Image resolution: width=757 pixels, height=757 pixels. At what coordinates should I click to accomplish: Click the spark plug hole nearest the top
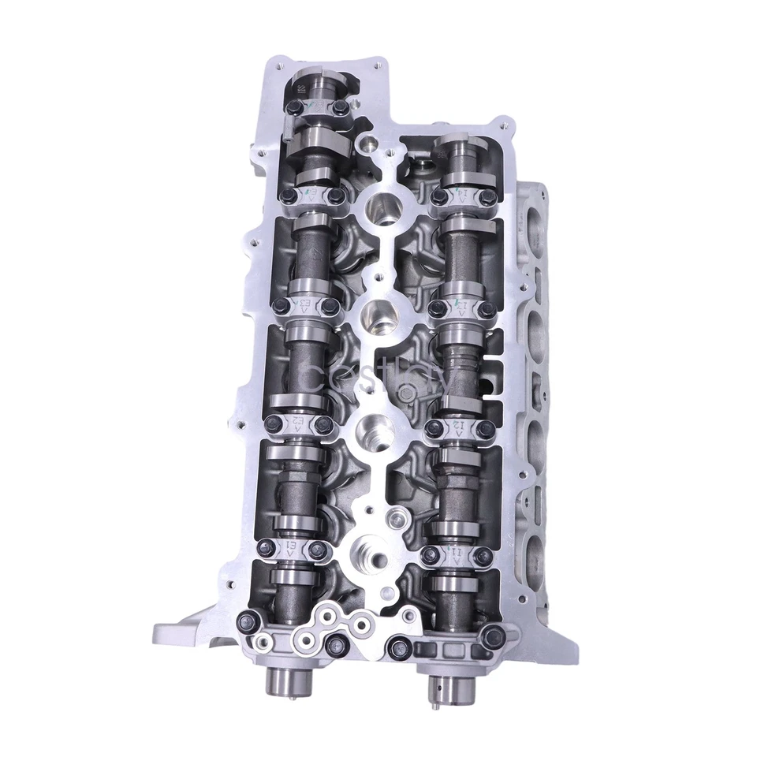click(x=383, y=207)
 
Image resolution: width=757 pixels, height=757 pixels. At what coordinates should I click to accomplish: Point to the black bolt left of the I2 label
click(x=433, y=427)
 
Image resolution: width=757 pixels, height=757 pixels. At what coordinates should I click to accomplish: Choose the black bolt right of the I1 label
click(x=483, y=556)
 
